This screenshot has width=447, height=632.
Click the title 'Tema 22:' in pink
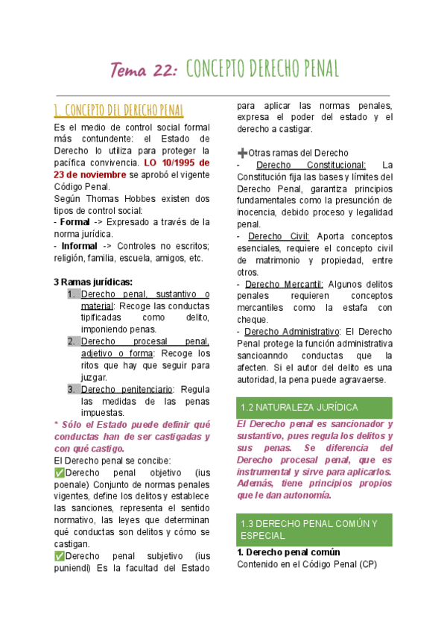pos(143,70)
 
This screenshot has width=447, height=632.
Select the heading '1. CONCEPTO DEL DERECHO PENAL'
pos(118,111)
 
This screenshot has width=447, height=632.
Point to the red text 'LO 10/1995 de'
pos(177,162)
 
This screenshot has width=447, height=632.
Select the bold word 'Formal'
pos(74,222)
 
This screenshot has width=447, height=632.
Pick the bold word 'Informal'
pos(79,246)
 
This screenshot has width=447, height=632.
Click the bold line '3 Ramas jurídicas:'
pos(93,282)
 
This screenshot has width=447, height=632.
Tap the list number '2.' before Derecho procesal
pos(72,341)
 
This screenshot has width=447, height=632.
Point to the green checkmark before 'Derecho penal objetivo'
pos(59,473)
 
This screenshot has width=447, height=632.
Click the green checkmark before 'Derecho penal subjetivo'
pos(59,555)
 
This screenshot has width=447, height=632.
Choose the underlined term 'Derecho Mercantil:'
pos(284,284)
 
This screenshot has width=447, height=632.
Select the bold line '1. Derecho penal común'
pos(288,552)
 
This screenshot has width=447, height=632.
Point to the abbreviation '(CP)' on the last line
pos(365,564)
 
